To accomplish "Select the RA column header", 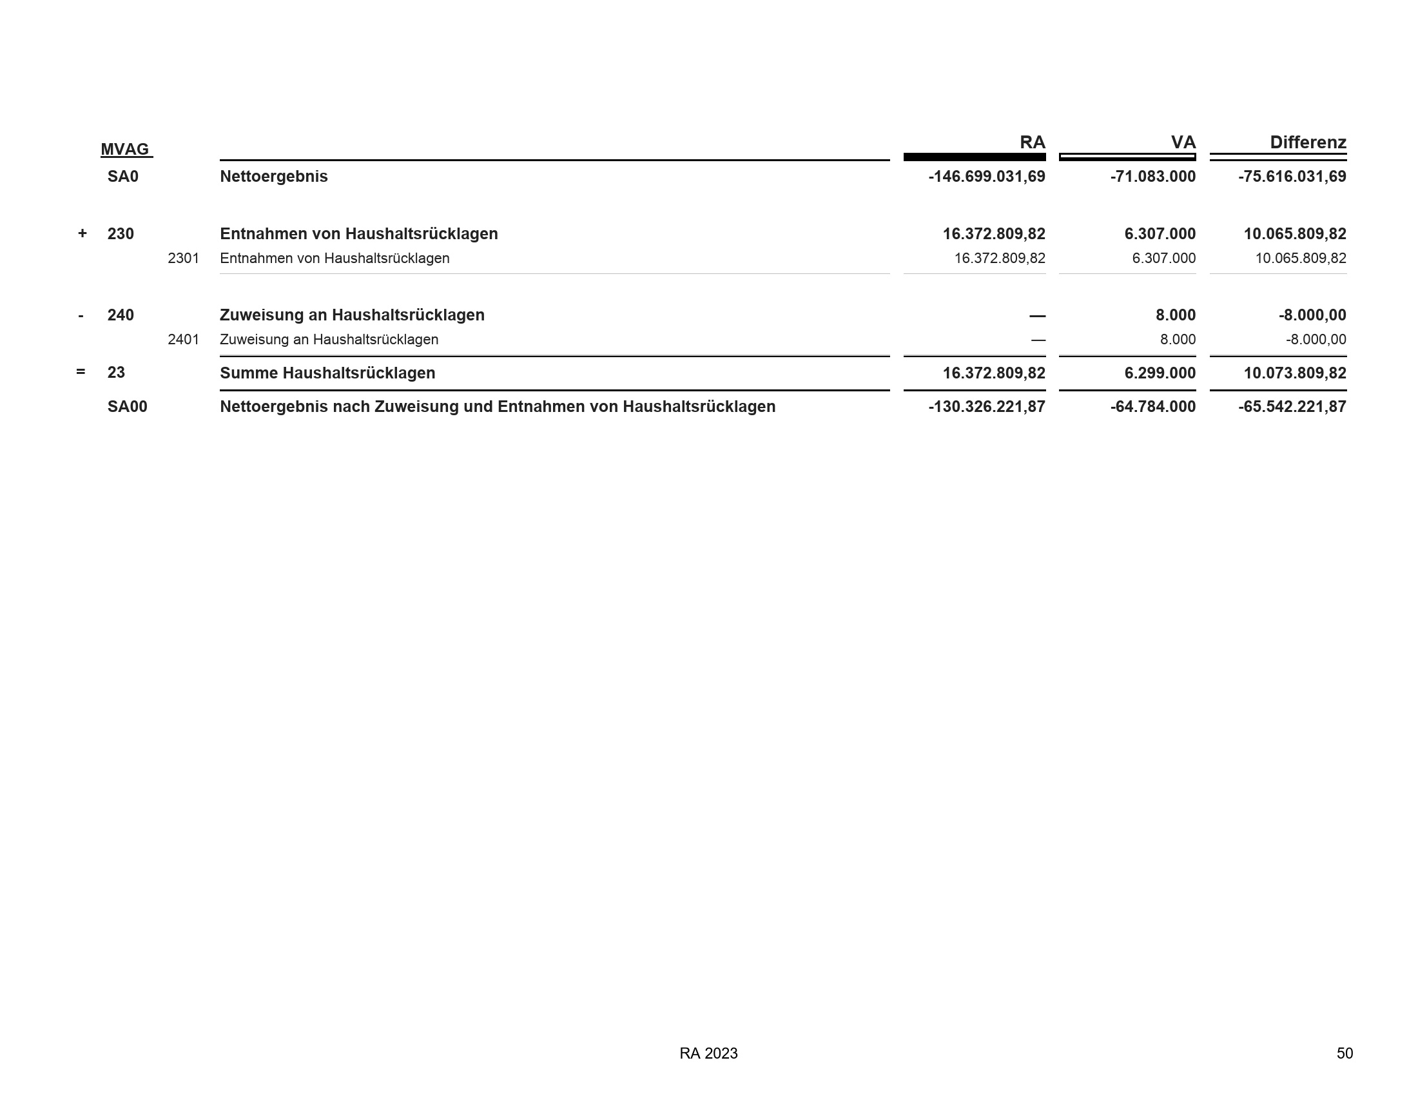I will (x=1032, y=142).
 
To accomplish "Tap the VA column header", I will (x=1183, y=142).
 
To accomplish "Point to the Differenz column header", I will (x=1308, y=142).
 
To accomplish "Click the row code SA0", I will (x=122, y=177).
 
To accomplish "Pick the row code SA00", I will (x=127, y=406).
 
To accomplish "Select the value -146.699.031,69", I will (x=986, y=177).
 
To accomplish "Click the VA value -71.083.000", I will (x=1152, y=177).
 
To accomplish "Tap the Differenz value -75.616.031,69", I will (x=1292, y=177).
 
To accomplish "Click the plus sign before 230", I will (x=82, y=233).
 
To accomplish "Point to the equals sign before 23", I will (x=81, y=372).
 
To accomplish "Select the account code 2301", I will (x=183, y=259).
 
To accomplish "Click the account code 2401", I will (x=183, y=340).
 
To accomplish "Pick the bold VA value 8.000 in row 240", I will (x=1175, y=315).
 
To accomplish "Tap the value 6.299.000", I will (x=1160, y=373).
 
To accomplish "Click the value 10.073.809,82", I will (x=1295, y=373).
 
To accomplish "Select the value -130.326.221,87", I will (x=986, y=406).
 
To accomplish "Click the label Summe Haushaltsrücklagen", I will (x=327, y=373).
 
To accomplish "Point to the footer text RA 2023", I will (x=708, y=1053).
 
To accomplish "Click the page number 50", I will (x=1344, y=1053).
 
